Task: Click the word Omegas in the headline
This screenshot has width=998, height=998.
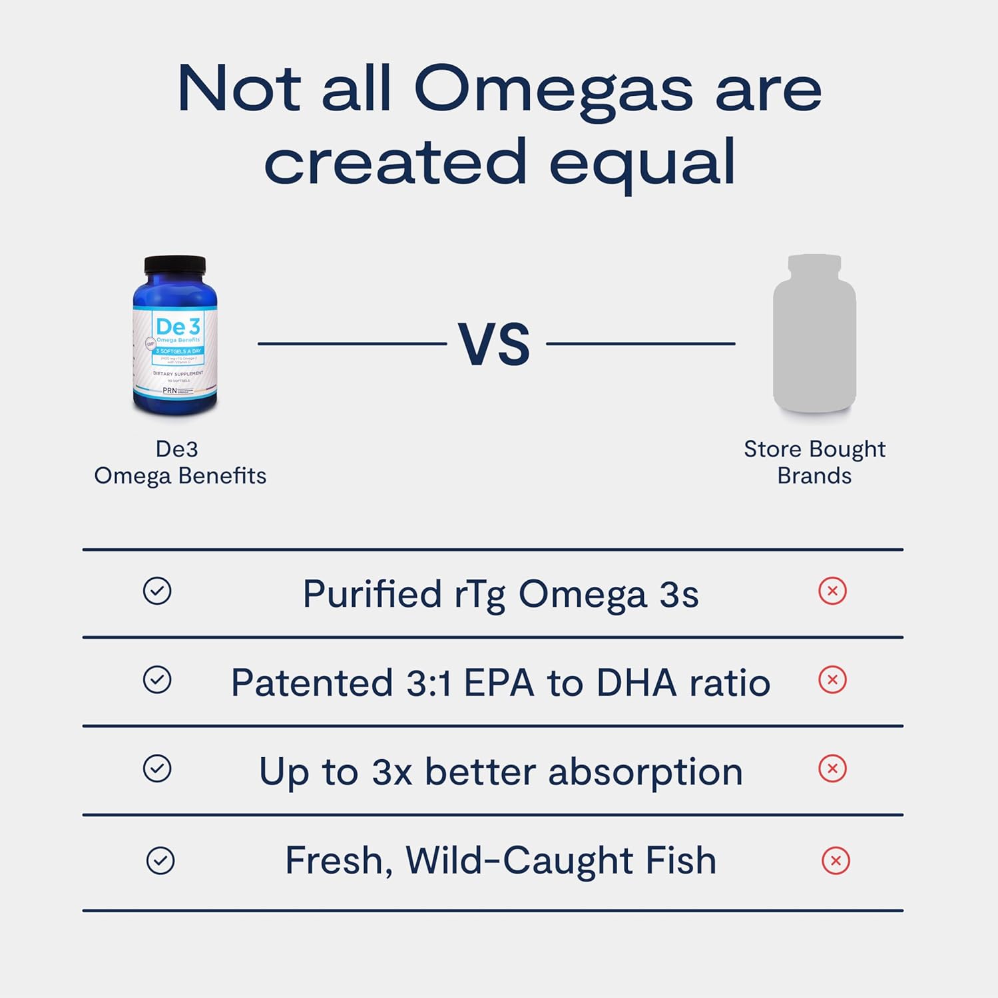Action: pos(553,90)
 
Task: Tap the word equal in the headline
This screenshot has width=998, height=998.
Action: pos(642,163)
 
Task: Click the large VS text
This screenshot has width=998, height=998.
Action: pos(494,345)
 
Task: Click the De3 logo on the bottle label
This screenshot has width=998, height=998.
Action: pos(177,327)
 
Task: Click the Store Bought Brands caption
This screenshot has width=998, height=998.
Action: pos(814,462)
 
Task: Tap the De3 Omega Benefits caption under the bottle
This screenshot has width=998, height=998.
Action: pos(180,462)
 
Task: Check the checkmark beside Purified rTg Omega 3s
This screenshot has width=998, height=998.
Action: pos(157,591)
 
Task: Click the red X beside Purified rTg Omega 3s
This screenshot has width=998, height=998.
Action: pos(832,591)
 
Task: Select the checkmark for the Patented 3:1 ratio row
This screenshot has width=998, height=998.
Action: pos(157,680)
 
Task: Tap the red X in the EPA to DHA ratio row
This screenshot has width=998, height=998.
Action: pos(832,680)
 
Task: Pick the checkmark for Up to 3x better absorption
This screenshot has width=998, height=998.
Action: pos(157,768)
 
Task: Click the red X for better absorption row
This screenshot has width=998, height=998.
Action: pos(832,768)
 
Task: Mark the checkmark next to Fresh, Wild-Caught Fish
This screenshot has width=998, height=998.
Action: pos(160,860)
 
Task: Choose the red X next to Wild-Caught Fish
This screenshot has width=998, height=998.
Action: pos(836,861)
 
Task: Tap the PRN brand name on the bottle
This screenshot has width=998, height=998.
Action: pos(170,391)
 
